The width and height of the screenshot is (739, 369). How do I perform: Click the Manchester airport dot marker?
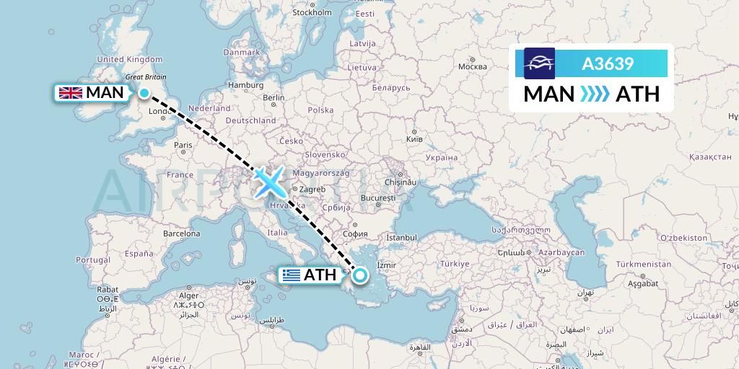pyautogui.click(x=144, y=93)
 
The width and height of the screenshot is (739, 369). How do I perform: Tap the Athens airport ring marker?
pyautogui.click(x=359, y=274)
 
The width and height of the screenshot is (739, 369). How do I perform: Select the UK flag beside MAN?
pyautogui.click(x=70, y=93)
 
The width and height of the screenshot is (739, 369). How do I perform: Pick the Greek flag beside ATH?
pyautogui.click(x=292, y=275)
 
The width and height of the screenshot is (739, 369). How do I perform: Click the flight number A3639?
pyautogui.click(x=608, y=63)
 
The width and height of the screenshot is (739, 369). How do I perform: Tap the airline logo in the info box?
pyautogui.click(x=540, y=63)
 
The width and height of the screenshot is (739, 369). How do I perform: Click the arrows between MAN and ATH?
pyautogui.click(x=595, y=94)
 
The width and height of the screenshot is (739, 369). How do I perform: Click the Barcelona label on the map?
pyautogui.click(x=181, y=234)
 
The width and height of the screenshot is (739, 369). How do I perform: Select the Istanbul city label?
pyautogui.click(x=401, y=237)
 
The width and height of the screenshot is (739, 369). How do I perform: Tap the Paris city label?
pyautogui.click(x=183, y=145)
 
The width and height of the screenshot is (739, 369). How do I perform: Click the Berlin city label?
pyautogui.click(x=274, y=98)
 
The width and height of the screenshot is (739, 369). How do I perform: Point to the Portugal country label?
pyautogui.click(x=92, y=259)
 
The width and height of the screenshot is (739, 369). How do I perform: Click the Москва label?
pyautogui.click(x=473, y=67)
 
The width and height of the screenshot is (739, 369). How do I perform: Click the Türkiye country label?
pyautogui.click(x=455, y=263)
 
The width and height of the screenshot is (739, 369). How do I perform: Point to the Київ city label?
pyautogui.click(x=414, y=138)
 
